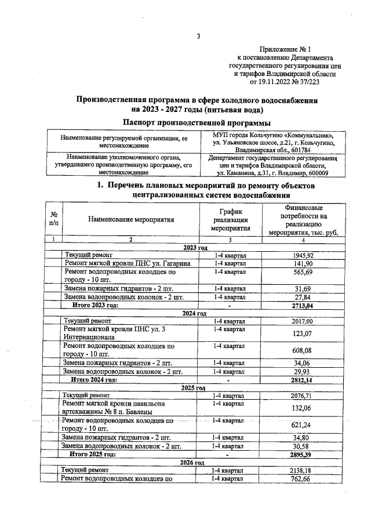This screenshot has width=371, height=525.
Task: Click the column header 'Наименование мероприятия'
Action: pos(131,220)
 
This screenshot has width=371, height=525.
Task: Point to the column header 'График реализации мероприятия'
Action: pos(230,220)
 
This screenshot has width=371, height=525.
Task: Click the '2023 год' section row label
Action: pos(195,247)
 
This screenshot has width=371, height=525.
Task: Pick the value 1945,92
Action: pos(301,255)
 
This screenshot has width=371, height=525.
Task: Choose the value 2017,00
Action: pos(301,321)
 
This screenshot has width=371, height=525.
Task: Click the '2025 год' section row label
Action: pos(194,388)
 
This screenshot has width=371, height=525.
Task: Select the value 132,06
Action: pos(301,408)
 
